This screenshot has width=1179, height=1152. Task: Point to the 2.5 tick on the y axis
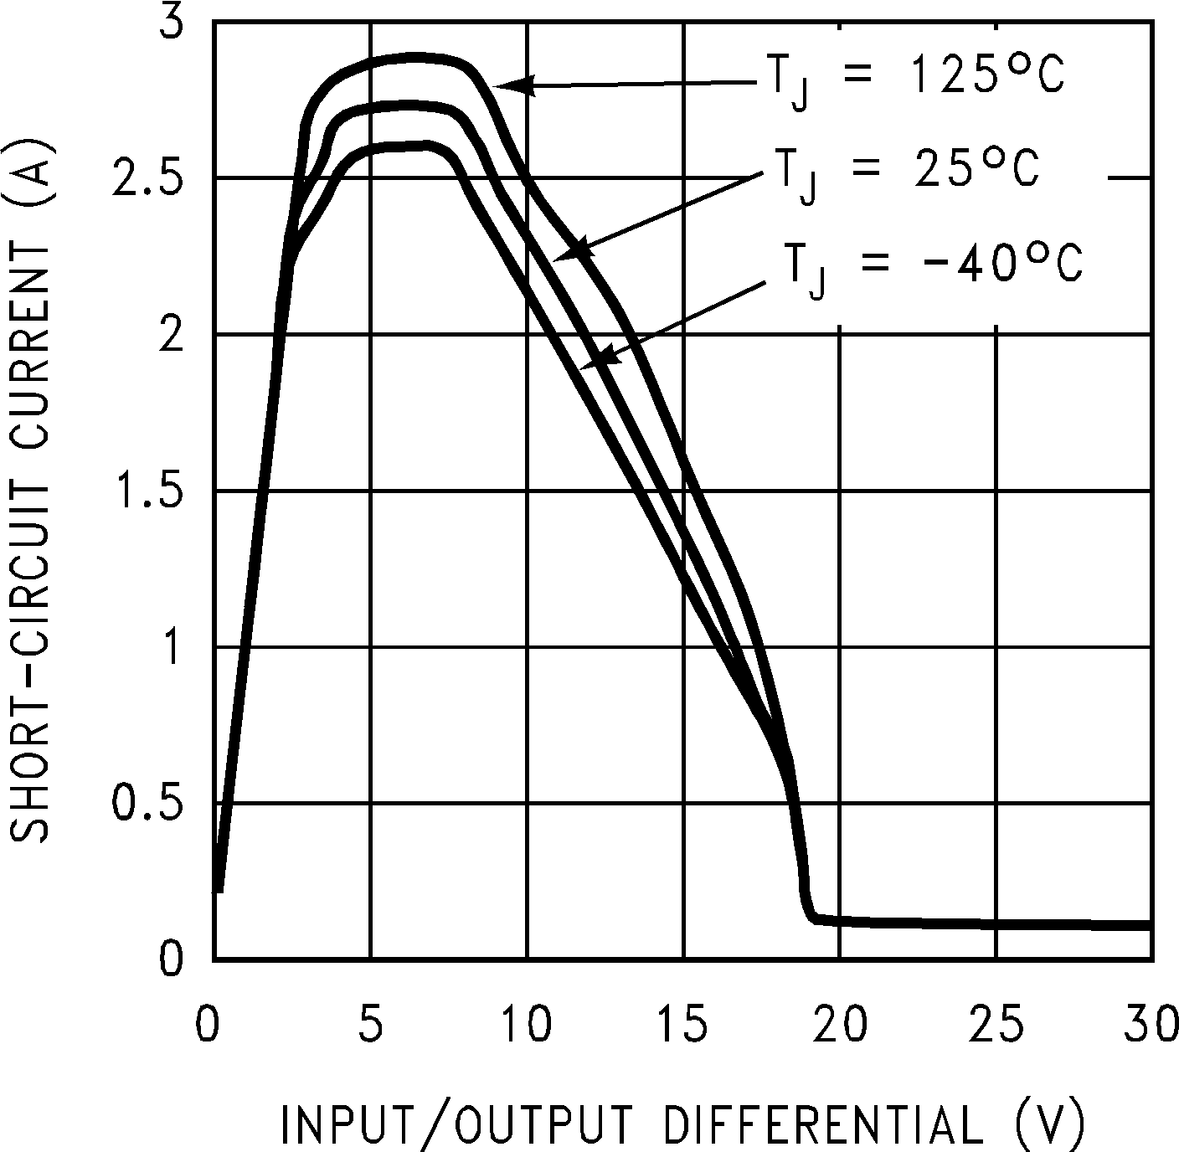[x=148, y=178]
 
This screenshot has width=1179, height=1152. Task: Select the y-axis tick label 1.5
[x=148, y=491]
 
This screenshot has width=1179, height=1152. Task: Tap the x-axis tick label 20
[x=841, y=1026]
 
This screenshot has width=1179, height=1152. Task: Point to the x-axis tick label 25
[x=997, y=1026]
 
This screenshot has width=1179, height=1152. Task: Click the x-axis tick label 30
[x=1151, y=1026]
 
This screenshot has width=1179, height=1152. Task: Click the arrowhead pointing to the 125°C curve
[x=507, y=85]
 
